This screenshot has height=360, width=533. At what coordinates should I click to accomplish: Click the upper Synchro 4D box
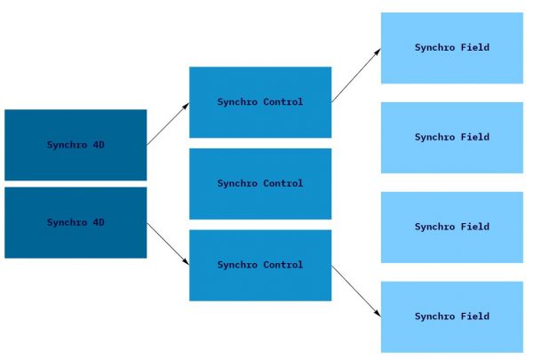tap(76, 145)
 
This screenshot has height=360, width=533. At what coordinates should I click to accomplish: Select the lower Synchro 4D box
tap(76, 222)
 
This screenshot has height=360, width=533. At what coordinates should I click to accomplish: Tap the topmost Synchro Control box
tap(260, 102)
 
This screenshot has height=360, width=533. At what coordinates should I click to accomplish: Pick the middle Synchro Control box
tap(260, 183)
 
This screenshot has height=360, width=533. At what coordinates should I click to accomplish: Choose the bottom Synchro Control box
tap(260, 265)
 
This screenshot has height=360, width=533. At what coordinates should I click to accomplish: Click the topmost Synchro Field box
tap(452, 48)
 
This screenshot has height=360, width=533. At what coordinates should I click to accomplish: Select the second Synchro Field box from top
tap(452, 138)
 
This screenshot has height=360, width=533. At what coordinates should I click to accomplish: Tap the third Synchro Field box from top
tap(452, 228)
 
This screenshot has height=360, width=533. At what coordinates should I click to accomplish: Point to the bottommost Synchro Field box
tap(452, 317)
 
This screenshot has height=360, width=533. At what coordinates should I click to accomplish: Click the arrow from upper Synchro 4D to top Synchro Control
tap(168, 124)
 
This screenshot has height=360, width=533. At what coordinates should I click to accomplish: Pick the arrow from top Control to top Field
tap(356, 76)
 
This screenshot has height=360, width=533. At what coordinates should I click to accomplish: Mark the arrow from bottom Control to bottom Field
tap(356, 291)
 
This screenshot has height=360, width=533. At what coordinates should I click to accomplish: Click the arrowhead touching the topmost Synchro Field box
tap(378, 51)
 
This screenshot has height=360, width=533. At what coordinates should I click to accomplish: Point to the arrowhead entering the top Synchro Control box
tap(186, 105)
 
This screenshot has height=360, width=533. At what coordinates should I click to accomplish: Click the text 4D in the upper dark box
tap(98, 145)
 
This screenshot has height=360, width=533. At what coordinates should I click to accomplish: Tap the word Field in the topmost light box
tap(474, 48)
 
